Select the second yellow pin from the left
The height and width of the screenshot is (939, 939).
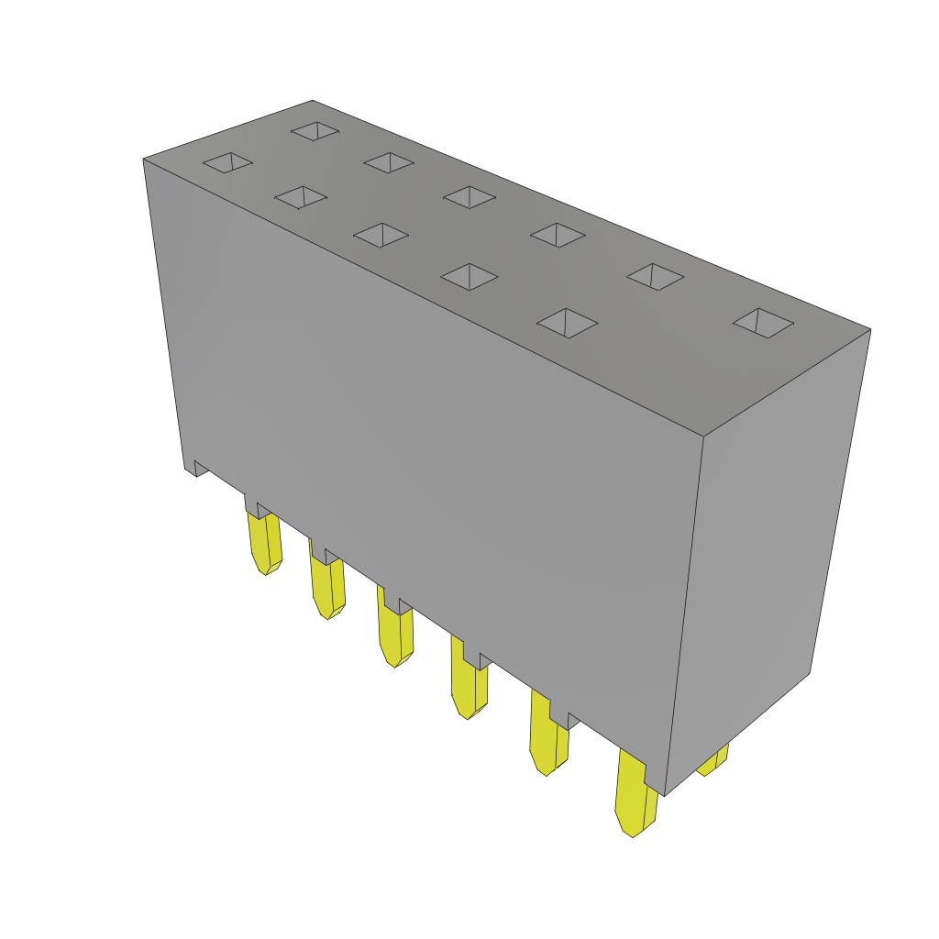tap(326, 587)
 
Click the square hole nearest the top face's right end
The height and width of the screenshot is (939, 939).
tap(763, 322)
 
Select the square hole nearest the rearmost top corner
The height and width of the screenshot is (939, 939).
tap(315, 131)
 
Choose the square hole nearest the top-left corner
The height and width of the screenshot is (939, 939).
tap(227, 162)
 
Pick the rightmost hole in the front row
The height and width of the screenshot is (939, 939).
tap(567, 323)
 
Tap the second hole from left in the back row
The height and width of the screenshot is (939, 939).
tap(389, 162)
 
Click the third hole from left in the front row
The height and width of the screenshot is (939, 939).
tap(381, 235)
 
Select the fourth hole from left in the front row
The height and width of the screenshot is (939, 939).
tap(469, 276)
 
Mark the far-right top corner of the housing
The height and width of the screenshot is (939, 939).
tap(869, 330)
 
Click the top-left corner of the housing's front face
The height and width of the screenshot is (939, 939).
tap(144, 160)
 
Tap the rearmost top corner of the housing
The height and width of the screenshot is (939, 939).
tap(313, 101)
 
